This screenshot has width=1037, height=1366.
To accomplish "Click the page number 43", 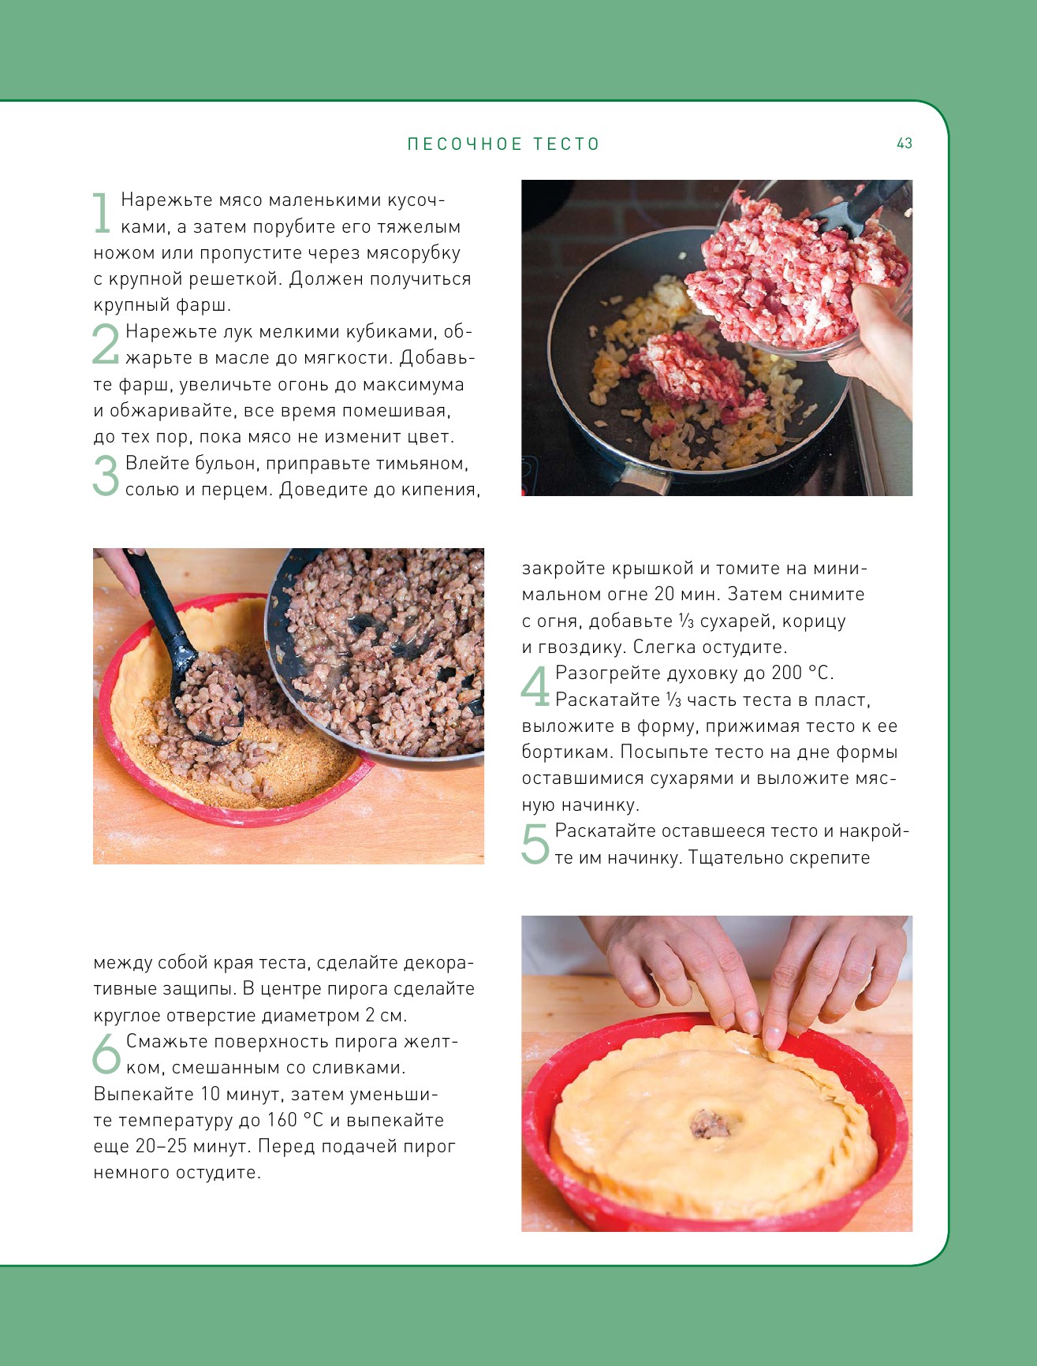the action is [x=904, y=143].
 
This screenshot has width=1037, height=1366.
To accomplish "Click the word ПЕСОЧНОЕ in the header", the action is [x=464, y=144].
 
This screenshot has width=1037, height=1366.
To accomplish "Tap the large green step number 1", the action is [x=102, y=213].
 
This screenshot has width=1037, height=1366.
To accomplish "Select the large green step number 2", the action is [x=106, y=344].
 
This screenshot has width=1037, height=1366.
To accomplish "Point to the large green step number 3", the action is [x=106, y=476].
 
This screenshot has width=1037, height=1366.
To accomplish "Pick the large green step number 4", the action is [x=535, y=686].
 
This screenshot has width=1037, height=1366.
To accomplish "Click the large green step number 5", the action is [x=535, y=844].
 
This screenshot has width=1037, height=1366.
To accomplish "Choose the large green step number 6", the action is [x=106, y=1054].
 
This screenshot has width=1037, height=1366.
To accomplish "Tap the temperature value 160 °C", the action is [x=294, y=1120].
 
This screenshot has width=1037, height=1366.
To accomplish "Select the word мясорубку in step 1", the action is [x=413, y=253].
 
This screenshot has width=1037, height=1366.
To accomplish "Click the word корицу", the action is [x=812, y=621].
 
